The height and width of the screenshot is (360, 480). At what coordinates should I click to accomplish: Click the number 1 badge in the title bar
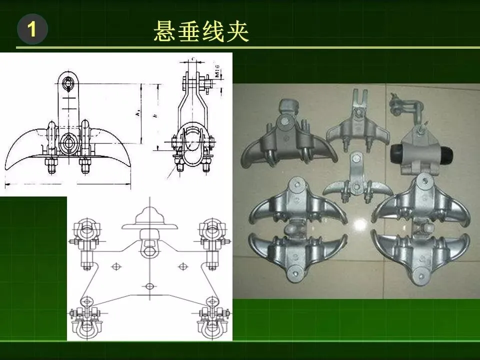[32, 30]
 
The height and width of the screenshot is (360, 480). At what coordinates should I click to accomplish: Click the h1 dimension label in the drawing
[138, 113]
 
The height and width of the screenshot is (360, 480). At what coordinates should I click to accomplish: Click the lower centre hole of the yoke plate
[150, 286]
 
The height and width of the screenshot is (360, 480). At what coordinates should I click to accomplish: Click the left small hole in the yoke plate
[116, 265]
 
